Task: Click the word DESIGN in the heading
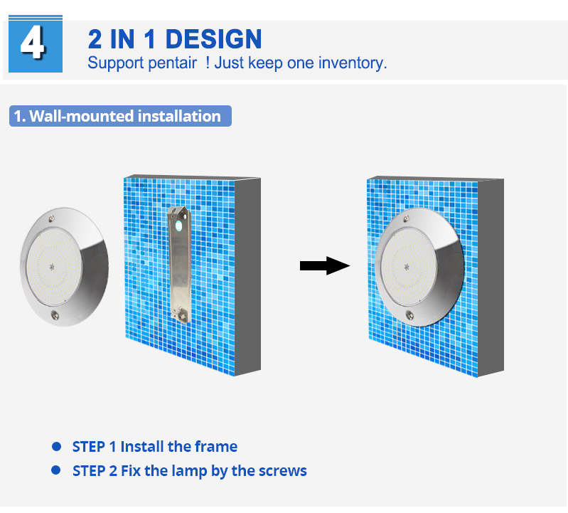tap(213, 39)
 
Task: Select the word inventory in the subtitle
tap(352, 63)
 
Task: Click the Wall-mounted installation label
tap(120, 116)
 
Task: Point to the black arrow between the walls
tap(325, 265)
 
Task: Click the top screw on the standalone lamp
tap(52, 218)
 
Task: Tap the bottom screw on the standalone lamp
tap(55, 315)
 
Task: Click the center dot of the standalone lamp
tap(52, 267)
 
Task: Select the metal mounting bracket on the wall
tap(180, 264)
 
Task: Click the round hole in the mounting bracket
tap(178, 226)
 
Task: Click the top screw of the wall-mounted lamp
tap(407, 218)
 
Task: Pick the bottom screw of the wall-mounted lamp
tap(409, 315)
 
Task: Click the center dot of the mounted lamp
tap(407, 267)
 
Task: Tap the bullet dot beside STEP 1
tap(56, 446)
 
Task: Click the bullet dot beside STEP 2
tap(56, 470)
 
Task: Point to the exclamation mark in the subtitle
tap(208, 63)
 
